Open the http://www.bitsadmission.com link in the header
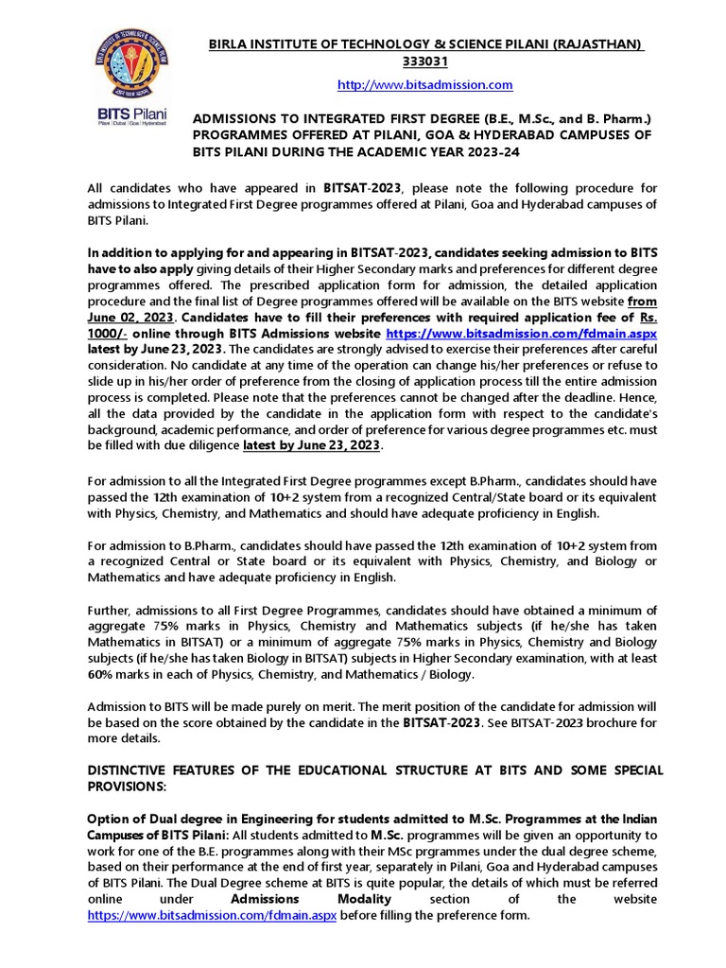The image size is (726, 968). pyautogui.click(x=424, y=85)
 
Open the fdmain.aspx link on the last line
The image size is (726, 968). pyautogui.click(x=212, y=916)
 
